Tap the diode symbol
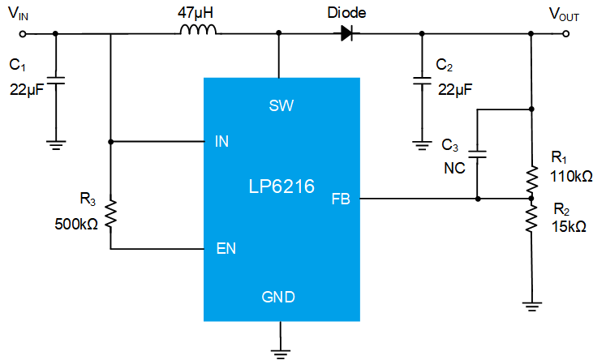pyautogui.click(x=346, y=33)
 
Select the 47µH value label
pyautogui.click(x=197, y=11)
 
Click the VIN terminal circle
pyautogui.click(x=23, y=33)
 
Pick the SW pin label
pyautogui.click(x=281, y=105)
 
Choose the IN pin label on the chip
pyautogui.click(x=221, y=142)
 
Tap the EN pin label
pyautogui.click(x=226, y=249)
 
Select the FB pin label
pyautogui.click(x=341, y=199)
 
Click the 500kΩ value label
pyautogui.click(x=77, y=224)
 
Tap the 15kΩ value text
pyautogui.click(x=568, y=227)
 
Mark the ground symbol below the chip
pyautogui.click(x=281, y=350)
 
